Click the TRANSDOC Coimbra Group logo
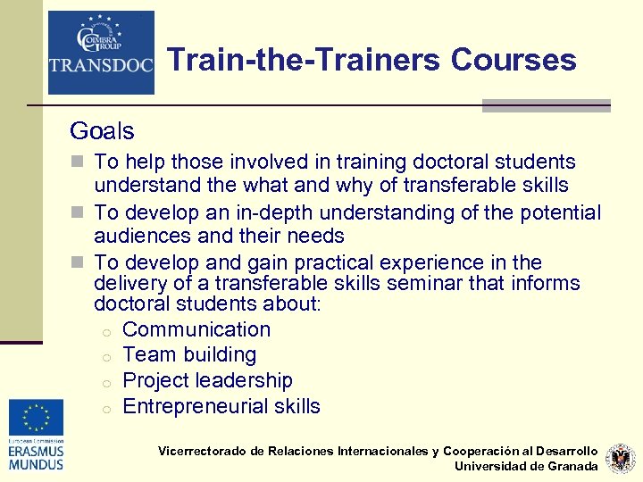click(x=101, y=53)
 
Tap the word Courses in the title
click(x=514, y=61)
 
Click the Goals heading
click(x=102, y=131)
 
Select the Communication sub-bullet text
click(x=196, y=329)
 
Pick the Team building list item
click(x=189, y=354)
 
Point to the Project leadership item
click(x=207, y=380)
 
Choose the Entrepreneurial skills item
click(x=221, y=406)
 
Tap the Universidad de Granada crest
click(x=619, y=459)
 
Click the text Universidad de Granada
click(x=526, y=466)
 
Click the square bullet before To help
click(x=79, y=162)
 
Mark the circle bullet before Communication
click(x=105, y=331)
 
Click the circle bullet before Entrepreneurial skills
click(x=105, y=408)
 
